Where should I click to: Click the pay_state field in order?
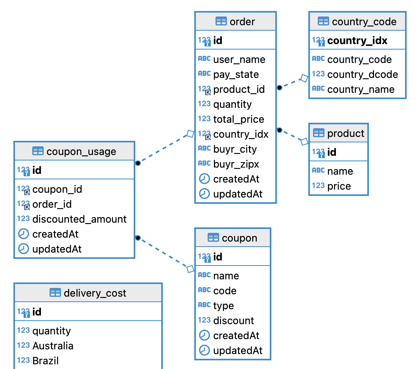click(236, 74)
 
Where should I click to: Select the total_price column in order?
click(238, 119)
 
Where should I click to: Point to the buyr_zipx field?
click(236, 164)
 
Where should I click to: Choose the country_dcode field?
click(362, 74)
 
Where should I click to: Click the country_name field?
click(361, 89)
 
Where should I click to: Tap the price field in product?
click(339, 186)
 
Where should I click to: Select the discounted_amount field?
click(79, 219)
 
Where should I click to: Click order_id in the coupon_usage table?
click(52, 204)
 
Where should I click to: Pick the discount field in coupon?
click(234, 321)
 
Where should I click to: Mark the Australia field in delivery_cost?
click(53, 346)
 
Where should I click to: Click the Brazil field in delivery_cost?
click(46, 361)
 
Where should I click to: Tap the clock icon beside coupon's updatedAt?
click(204, 350)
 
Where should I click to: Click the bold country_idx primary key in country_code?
click(357, 41)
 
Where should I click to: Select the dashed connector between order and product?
click(292, 135)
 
